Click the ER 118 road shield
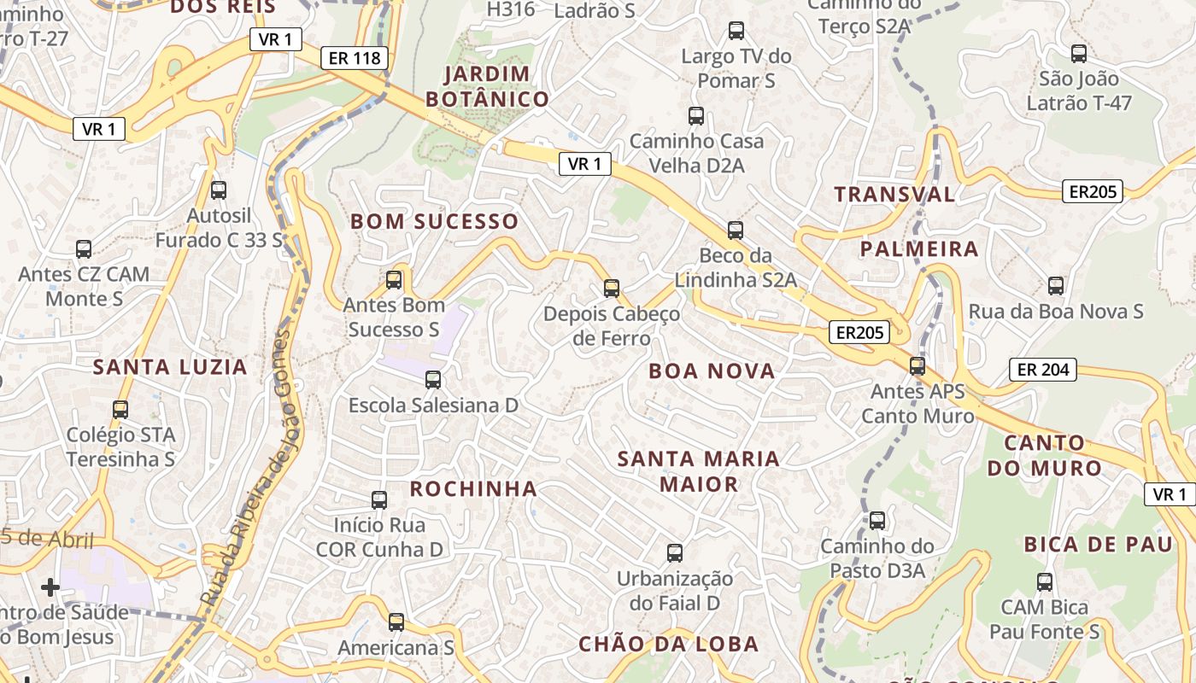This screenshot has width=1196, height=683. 355,58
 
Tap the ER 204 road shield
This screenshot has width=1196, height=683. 1043,370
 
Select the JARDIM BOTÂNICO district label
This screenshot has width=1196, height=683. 487,86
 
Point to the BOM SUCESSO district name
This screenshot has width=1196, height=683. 435,221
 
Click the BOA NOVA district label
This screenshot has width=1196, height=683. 712,371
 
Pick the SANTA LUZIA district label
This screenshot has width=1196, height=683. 170,367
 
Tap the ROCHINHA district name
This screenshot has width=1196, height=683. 473,488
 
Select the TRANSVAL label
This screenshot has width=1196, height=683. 894,194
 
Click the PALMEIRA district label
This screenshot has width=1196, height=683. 919,248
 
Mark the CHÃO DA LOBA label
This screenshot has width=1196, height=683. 669,644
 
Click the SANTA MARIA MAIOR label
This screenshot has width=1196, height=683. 699,471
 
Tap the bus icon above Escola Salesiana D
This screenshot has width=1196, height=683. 433,380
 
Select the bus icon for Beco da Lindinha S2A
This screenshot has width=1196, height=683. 736,231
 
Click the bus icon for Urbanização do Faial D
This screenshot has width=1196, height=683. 675,553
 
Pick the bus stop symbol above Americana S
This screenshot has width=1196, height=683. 396,622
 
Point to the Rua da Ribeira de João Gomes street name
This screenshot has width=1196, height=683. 247,470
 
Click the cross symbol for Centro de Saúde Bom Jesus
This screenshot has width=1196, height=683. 50,587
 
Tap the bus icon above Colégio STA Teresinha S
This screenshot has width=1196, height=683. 120,410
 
